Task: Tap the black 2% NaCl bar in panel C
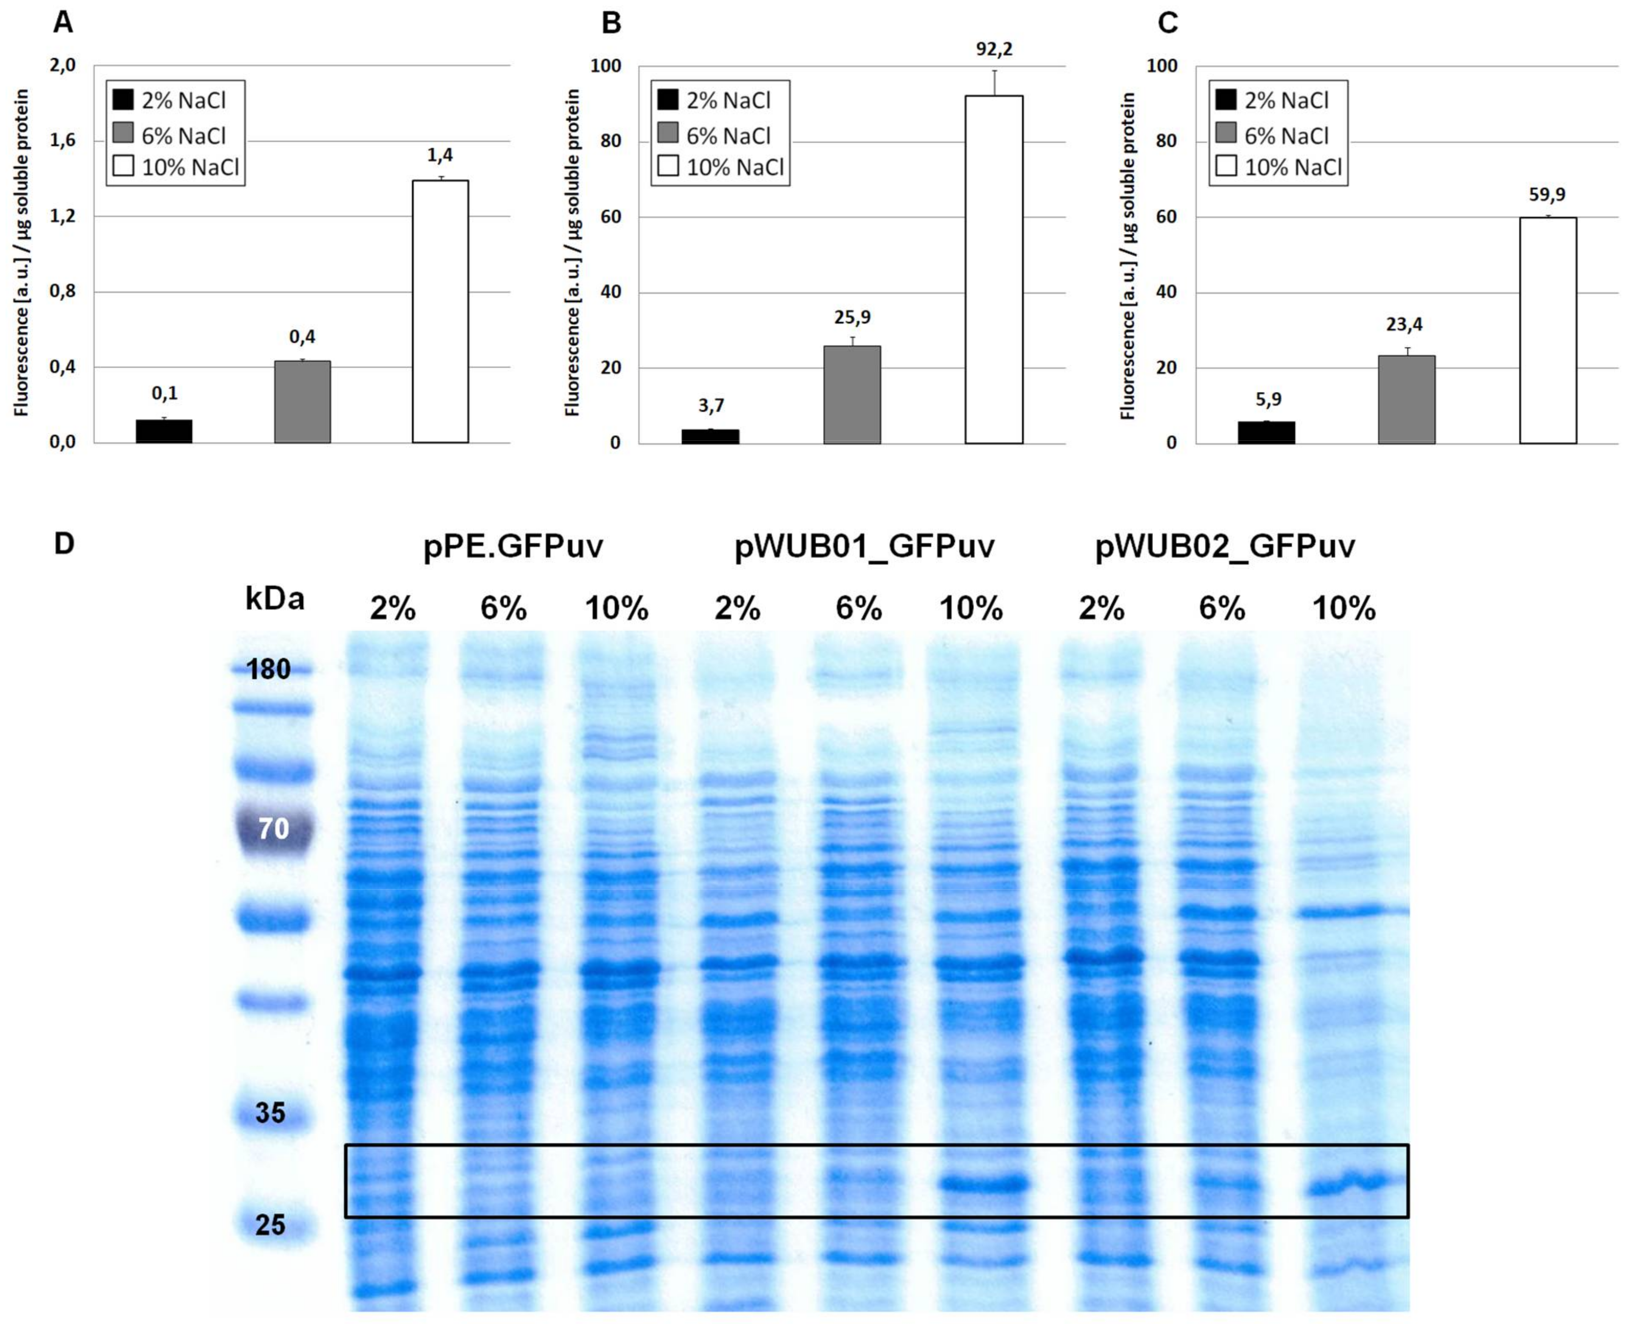coord(1266,432)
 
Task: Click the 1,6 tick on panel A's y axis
coord(62,140)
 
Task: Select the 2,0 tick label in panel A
coord(62,66)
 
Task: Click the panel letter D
coord(64,544)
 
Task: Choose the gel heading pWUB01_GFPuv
coord(864,547)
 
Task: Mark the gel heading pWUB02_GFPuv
coord(1225,547)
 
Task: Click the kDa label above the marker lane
coord(274,599)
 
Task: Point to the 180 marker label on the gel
coord(269,669)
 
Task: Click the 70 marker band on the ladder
coord(274,828)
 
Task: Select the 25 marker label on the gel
coord(270,1225)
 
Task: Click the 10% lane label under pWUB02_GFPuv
coord(1344,609)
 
